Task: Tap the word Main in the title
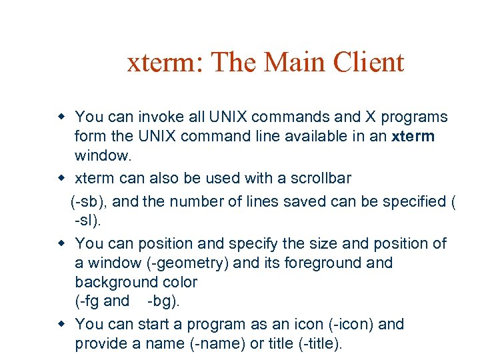coord(292,63)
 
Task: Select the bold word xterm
coord(413,137)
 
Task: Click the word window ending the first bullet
coord(103,157)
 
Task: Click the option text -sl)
coord(89,221)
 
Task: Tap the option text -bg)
coord(163,301)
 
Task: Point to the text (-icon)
coord(351,325)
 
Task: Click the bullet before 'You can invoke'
coord(61,117)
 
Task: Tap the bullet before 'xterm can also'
coord(61,178)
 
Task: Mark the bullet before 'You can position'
coord(61,243)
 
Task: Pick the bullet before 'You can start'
coord(61,325)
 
